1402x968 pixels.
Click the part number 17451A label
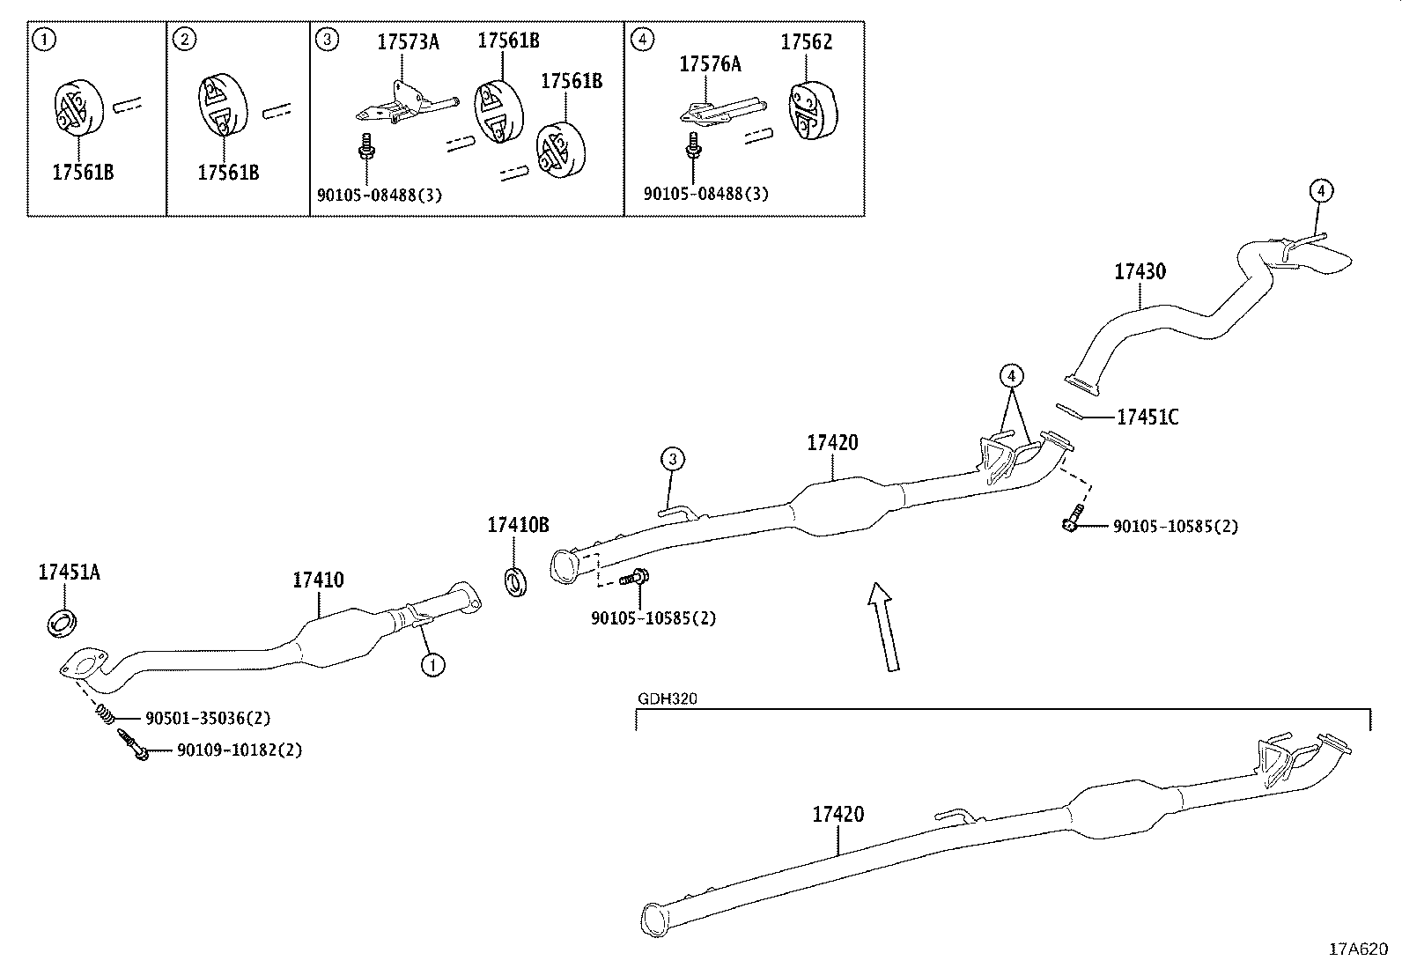click(x=69, y=573)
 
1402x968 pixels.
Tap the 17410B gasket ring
click(x=516, y=582)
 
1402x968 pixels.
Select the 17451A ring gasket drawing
click(x=61, y=622)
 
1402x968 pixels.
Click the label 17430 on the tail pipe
click(x=1140, y=272)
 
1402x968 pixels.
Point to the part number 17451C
click(x=1147, y=417)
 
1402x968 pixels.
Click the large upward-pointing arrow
click(x=883, y=626)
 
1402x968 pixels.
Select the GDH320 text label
click(x=667, y=699)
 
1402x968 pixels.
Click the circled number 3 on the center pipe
click(x=672, y=459)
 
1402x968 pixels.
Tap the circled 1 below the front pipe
click(x=432, y=664)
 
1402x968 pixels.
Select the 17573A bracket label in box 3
click(x=408, y=42)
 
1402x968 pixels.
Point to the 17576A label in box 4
click(x=710, y=64)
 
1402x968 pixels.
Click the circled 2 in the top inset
click(x=184, y=38)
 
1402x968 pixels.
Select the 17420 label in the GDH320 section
click(x=838, y=815)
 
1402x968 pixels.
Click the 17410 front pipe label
click(x=318, y=580)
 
